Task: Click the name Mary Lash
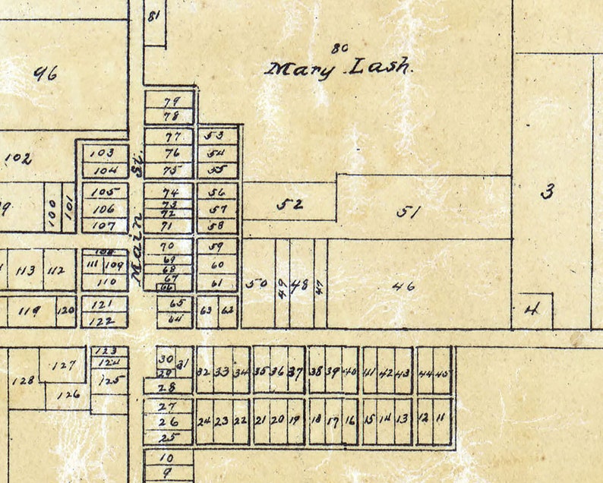pos(339,68)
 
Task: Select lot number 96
pos(47,74)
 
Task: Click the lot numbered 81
pos(155,16)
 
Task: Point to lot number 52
pos(289,204)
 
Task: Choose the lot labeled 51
pos(408,213)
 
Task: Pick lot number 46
pos(406,286)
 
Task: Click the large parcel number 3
pos(546,191)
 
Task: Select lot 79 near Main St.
pos(170,101)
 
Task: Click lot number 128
pos(24,380)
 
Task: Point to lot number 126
pos(68,394)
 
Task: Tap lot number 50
pos(257,284)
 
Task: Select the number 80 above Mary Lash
pos(339,47)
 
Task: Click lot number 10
pos(167,458)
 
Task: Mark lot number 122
pos(103,320)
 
